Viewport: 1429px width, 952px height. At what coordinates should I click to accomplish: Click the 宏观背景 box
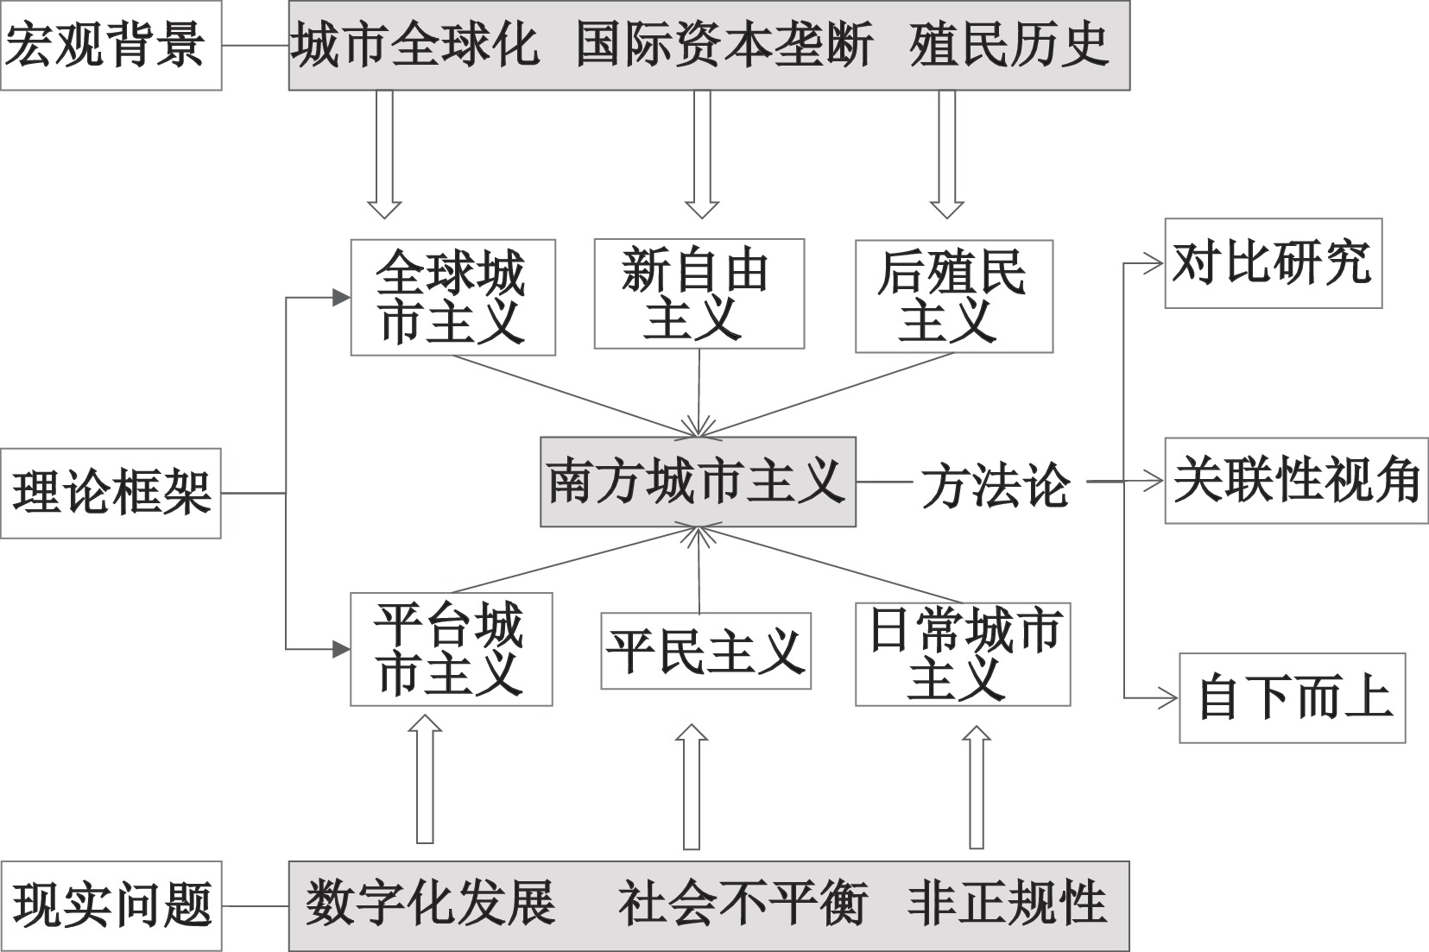111,45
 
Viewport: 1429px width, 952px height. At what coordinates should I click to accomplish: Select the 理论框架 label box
111,493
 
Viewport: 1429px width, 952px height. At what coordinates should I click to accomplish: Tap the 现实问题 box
111,906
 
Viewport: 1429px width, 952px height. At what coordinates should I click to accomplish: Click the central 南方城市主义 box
698,482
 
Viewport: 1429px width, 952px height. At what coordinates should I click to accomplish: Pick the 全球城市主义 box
453,297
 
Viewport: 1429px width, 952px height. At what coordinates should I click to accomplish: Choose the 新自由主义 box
699,294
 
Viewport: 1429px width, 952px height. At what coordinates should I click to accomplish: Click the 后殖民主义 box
954,297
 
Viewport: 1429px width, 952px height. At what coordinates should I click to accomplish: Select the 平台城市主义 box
451,649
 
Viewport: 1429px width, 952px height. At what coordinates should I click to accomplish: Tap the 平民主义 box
705,651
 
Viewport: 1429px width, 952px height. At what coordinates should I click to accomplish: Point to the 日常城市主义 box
963,654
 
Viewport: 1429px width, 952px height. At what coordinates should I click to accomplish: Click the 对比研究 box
1274,263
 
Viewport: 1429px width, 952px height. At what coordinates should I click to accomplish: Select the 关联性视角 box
1296,481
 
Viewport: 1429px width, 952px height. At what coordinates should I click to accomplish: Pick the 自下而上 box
1293,698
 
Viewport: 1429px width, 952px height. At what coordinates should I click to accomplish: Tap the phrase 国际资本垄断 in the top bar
724,45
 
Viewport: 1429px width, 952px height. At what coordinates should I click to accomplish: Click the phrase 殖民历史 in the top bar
1009,45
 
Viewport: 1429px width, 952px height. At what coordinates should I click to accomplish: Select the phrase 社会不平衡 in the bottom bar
743,903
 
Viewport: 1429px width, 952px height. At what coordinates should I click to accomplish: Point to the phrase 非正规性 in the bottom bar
1008,903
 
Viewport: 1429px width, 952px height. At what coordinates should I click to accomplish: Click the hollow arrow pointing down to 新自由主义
702,154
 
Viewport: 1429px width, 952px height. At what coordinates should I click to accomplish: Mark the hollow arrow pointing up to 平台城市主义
425,779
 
